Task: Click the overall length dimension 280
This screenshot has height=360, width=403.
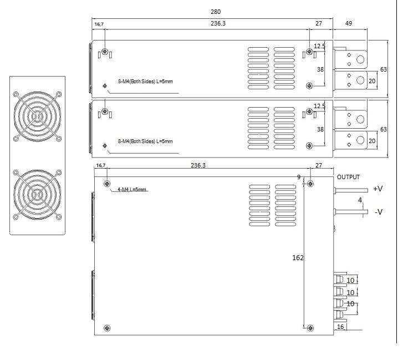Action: (x=216, y=12)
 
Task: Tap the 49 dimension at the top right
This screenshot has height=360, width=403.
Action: (x=349, y=24)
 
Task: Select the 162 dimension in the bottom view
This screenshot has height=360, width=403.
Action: (x=298, y=257)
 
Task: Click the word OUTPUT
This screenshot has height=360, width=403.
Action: (x=348, y=178)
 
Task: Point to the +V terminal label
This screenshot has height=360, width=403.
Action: (x=378, y=189)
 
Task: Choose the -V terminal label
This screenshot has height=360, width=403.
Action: (x=378, y=212)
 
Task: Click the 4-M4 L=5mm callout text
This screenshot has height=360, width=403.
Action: (x=132, y=190)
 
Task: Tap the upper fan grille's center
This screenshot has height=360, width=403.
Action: (x=38, y=115)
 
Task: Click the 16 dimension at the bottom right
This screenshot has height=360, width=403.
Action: (x=340, y=327)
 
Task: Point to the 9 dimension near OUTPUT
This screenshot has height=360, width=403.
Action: (x=299, y=178)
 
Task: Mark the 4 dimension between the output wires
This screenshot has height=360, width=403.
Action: (x=360, y=200)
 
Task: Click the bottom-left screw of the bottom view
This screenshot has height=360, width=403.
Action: (x=107, y=328)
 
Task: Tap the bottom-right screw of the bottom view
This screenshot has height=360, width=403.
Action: (x=310, y=328)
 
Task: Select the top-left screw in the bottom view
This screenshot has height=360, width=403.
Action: (x=107, y=184)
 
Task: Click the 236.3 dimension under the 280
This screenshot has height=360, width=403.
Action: (x=218, y=24)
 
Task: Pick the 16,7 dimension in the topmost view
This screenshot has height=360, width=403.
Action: (x=99, y=24)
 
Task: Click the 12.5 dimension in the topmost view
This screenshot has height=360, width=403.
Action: (x=319, y=47)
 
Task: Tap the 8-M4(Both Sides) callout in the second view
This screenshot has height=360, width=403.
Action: (x=145, y=141)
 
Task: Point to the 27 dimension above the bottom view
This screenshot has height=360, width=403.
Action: (x=319, y=165)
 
